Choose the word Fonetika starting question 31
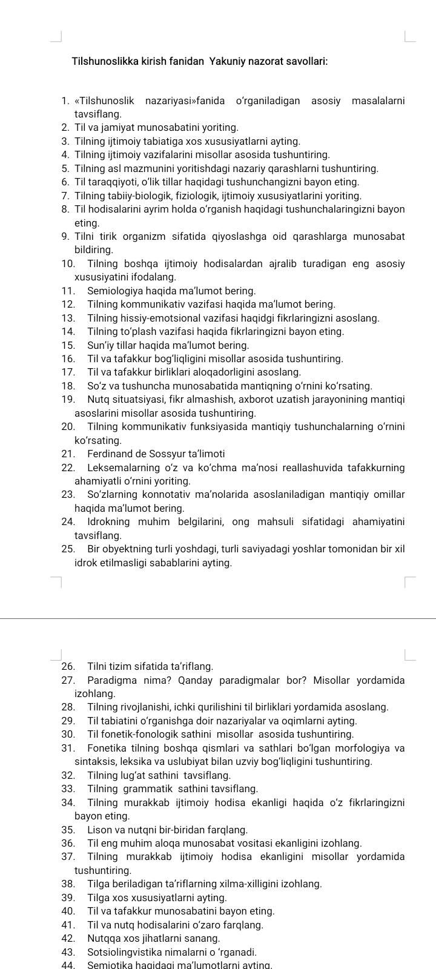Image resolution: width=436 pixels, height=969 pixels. pos(107,747)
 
